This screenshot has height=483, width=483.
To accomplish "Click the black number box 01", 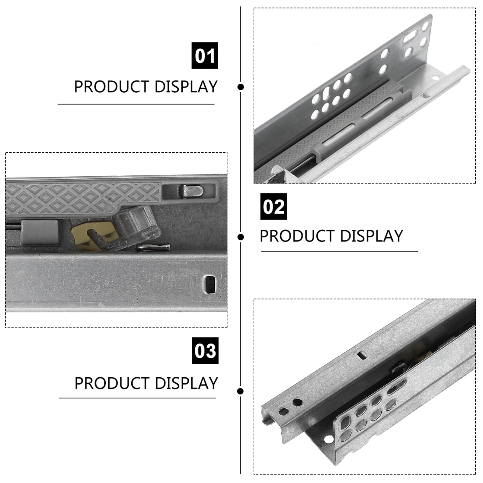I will tap(205, 56).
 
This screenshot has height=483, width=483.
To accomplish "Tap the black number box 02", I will tap(273, 206).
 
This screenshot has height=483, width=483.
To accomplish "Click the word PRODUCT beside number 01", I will tap(112, 87).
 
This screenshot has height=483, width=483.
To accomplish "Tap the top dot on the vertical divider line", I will tap(241, 87).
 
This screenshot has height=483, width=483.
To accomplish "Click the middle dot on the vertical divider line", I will tap(241, 237).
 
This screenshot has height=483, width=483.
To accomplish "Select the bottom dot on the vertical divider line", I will tap(241, 391).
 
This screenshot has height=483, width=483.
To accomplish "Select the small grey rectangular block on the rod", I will tap(39, 232).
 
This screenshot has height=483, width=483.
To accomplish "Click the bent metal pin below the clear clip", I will tap(152, 248).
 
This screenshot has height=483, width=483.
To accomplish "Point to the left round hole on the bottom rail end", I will tap(283, 411).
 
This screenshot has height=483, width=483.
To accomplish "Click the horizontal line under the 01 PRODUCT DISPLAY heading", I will tap(136, 104).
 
